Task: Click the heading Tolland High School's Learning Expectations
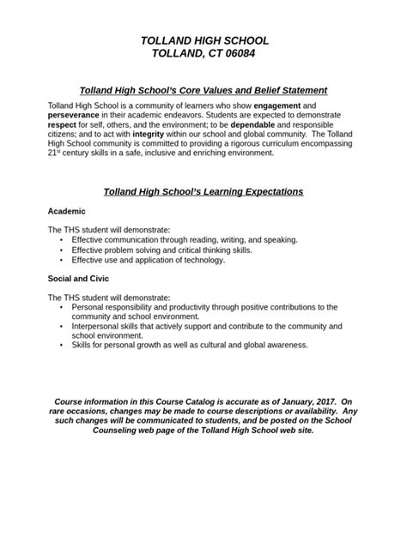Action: (x=203, y=192)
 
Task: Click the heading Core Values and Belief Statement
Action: (x=203, y=90)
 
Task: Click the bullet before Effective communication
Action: (x=62, y=240)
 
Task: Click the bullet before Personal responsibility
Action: (x=62, y=307)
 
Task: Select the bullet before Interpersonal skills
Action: (x=62, y=327)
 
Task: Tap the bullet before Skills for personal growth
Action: (x=62, y=346)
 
